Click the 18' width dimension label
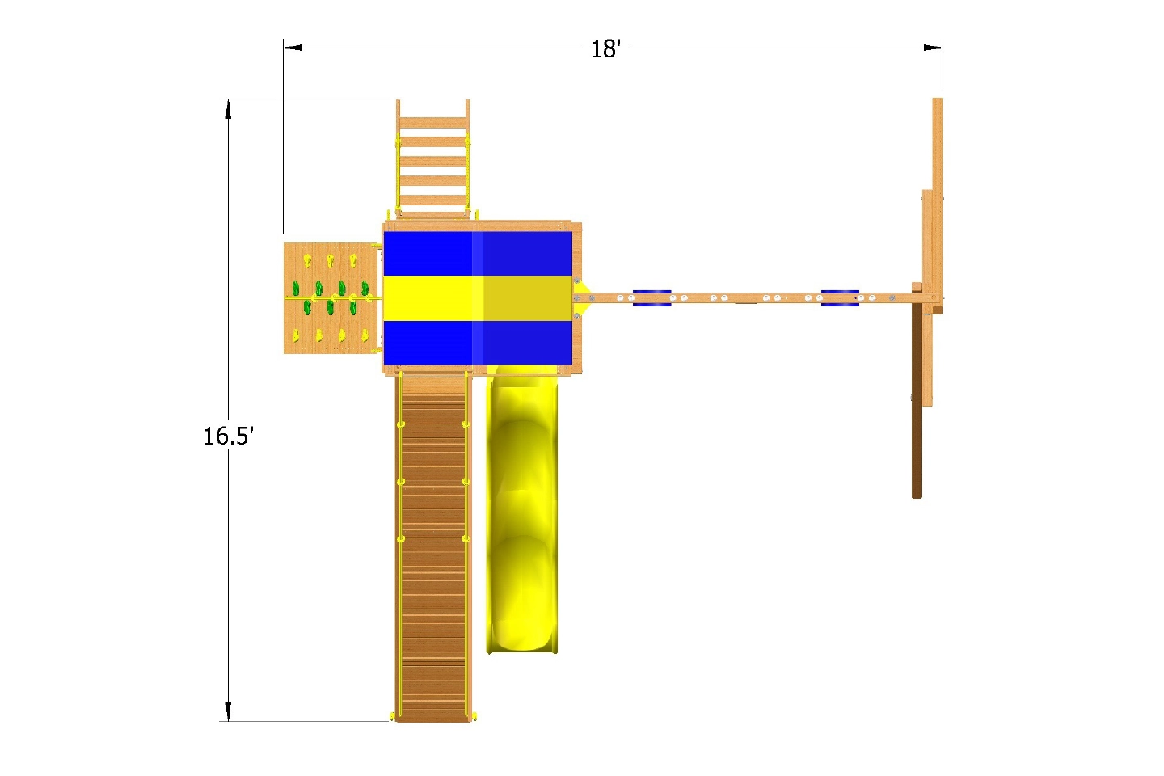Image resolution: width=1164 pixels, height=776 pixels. coord(605,49)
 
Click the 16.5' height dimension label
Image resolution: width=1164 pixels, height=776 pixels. coord(228,436)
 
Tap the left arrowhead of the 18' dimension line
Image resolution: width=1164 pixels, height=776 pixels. coord(292,48)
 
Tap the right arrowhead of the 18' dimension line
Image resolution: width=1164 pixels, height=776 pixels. coord(934,48)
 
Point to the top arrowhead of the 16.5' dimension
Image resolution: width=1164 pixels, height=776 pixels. coord(229,109)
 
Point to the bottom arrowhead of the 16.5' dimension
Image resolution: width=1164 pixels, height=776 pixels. coord(229,711)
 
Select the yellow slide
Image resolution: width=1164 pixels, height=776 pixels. coord(522,509)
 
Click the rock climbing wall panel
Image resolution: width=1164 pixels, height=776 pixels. coord(331,298)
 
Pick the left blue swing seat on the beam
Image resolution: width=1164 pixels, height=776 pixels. coord(652,298)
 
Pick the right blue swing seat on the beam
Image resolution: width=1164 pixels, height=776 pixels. coord(840,298)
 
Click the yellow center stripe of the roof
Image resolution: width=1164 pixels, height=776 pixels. coord(477,298)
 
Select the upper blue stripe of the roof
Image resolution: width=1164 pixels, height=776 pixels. coord(477,254)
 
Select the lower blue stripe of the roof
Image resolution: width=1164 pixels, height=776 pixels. coord(477,343)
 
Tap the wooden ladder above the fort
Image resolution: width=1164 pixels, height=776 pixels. coord(432,162)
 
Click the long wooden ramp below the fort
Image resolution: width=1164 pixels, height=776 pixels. coord(433,550)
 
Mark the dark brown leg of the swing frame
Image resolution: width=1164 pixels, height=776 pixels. coord(917,404)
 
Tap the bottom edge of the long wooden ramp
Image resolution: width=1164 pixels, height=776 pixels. coord(433,719)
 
